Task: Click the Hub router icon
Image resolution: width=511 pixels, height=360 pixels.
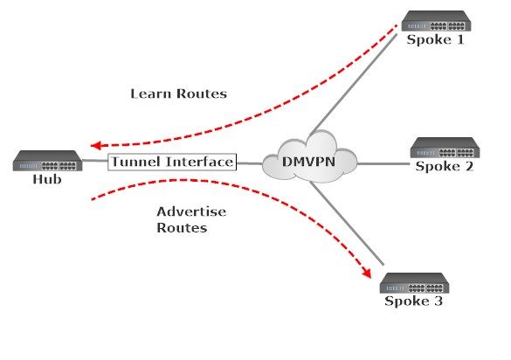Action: pyautogui.click(x=49, y=161)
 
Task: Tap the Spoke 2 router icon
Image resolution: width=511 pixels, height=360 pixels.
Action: pyautogui.click(x=444, y=146)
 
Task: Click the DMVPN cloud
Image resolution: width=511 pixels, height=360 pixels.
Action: pyautogui.click(x=316, y=159)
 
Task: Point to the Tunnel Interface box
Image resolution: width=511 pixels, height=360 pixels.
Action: pyautogui.click(x=172, y=163)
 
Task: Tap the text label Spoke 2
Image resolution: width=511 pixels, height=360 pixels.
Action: pyautogui.click(x=444, y=165)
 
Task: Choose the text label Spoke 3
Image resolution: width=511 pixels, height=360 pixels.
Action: pyautogui.click(x=415, y=301)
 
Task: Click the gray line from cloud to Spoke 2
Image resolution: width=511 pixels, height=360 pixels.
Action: pyautogui.click(x=384, y=163)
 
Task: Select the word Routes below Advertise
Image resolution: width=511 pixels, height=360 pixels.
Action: pyautogui.click(x=182, y=227)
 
